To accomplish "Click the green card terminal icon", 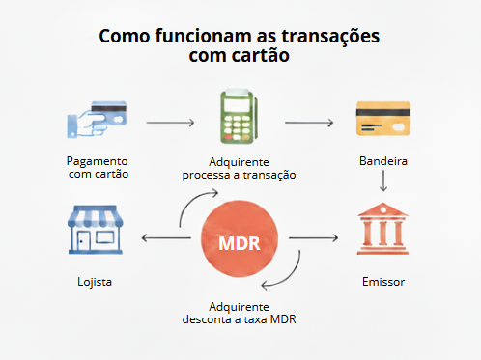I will pyautogui.click(x=239, y=119).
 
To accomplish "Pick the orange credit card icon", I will pyautogui.click(x=382, y=121).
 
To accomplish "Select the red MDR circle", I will pyautogui.click(x=239, y=240).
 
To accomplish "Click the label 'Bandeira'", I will pyautogui.click(x=382, y=161).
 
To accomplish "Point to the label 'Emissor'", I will pyautogui.click(x=382, y=283).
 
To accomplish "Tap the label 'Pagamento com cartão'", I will pyautogui.click(x=98, y=168).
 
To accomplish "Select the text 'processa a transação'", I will pyautogui.click(x=239, y=176).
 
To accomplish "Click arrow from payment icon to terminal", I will pyautogui.click(x=170, y=124).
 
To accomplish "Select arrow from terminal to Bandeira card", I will pyautogui.click(x=309, y=124).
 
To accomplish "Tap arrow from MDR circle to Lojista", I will pyautogui.click(x=164, y=236).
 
